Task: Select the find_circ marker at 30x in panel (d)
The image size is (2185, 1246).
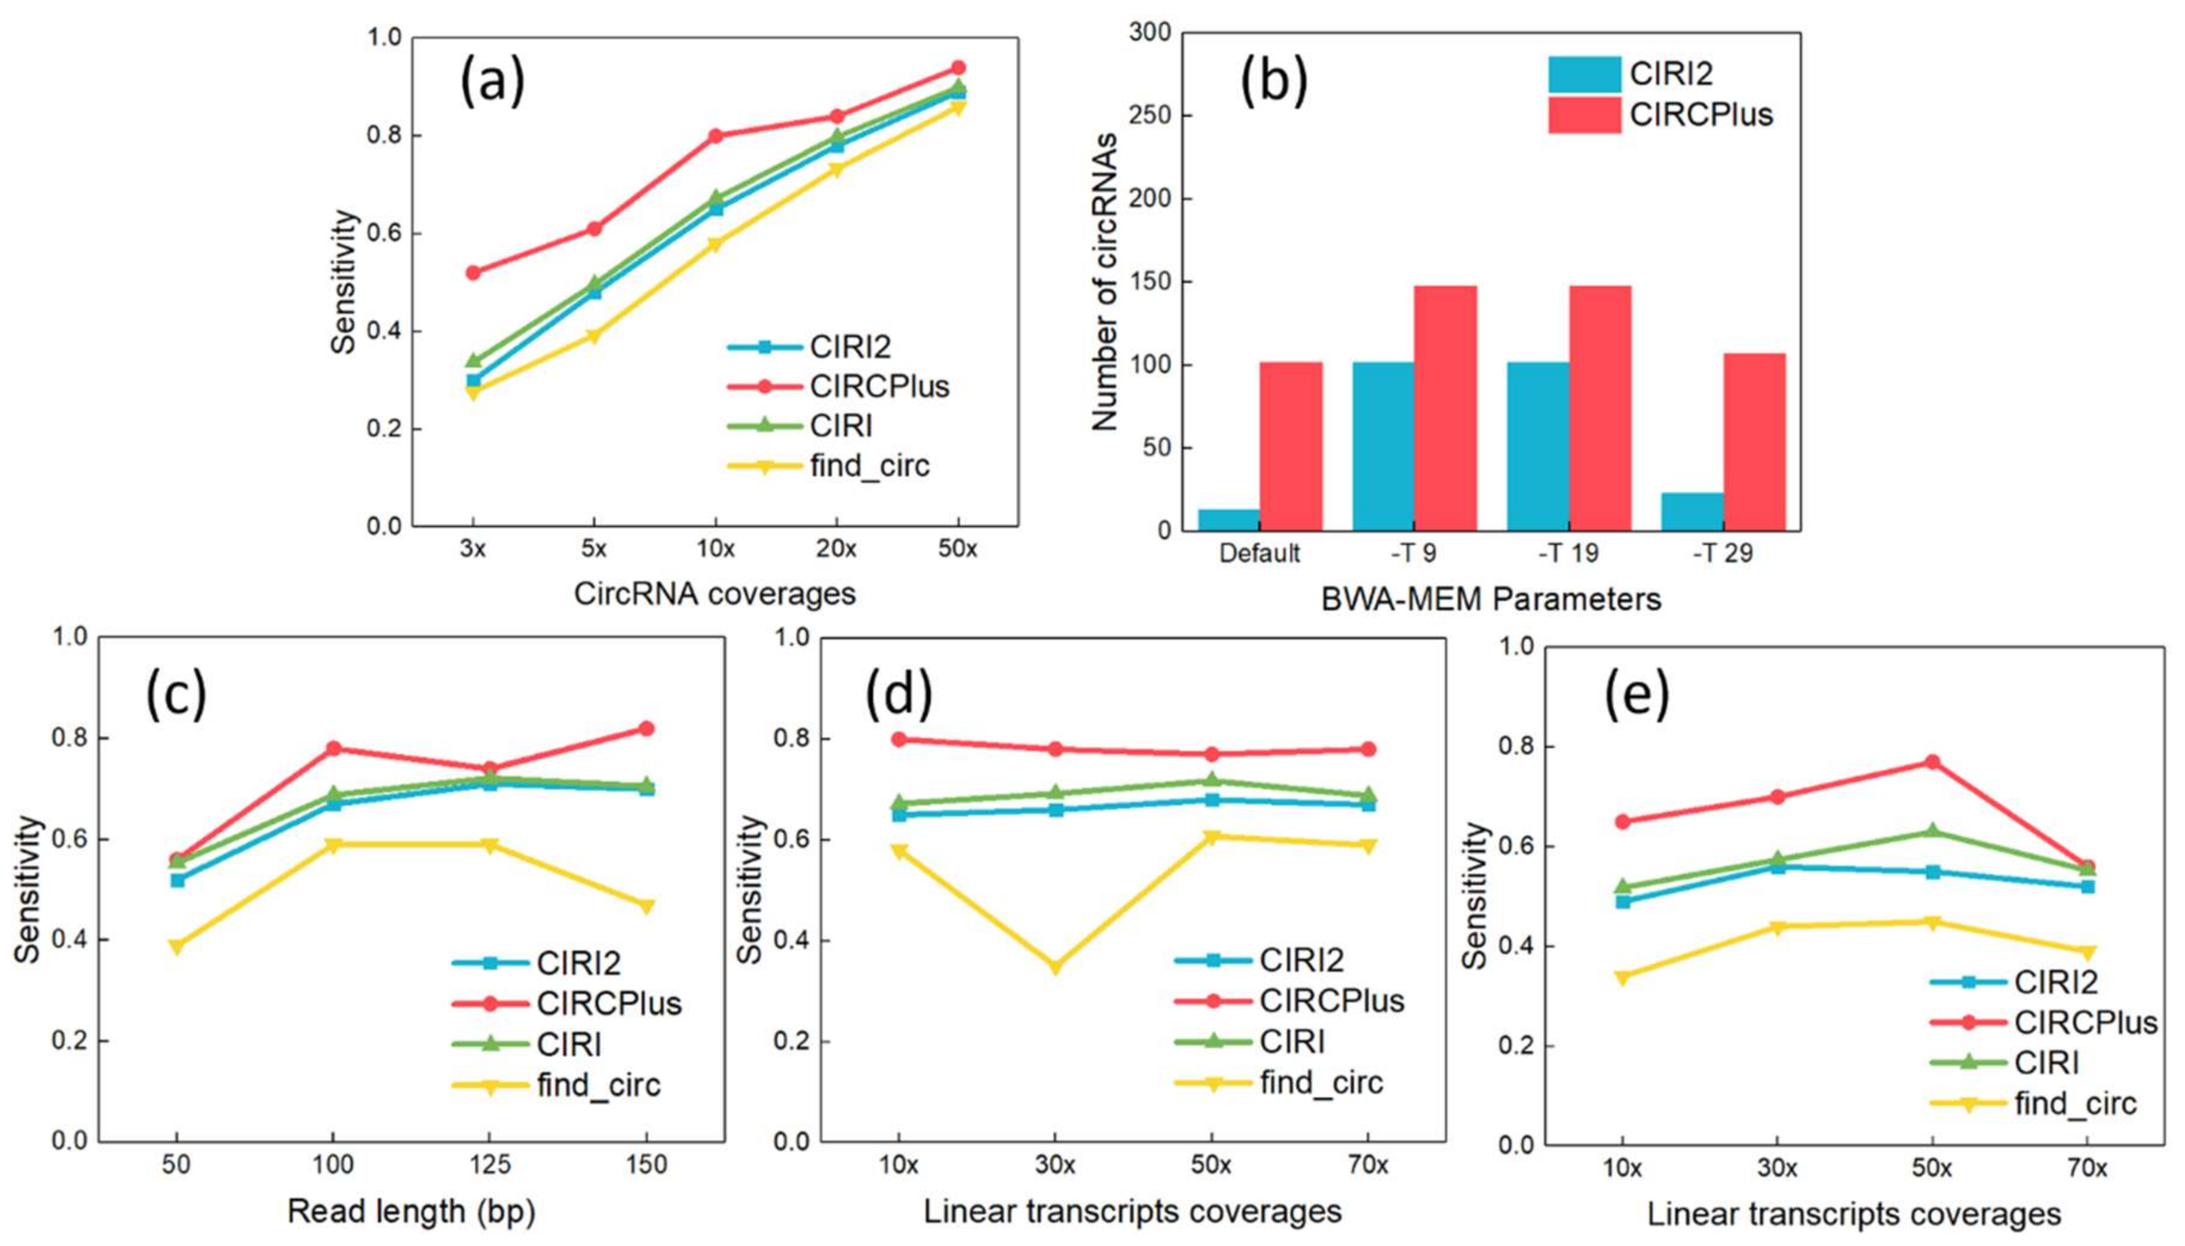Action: pyautogui.click(x=1055, y=967)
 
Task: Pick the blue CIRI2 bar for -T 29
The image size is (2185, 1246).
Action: pyautogui.click(x=1691, y=511)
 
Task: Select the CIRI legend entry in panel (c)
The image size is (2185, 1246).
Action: pyautogui.click(x=568, y=1045)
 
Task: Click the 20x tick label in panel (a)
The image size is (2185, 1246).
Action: pyautogui.click(x=836, y=549)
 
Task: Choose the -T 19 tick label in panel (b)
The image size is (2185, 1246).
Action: pyautogui.click(x=1568, y=554)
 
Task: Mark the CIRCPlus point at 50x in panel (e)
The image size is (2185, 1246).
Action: pyautogui.click(x=1932, y=761)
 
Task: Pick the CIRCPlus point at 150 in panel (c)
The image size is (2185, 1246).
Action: pyautogui.click(x=646, y=728)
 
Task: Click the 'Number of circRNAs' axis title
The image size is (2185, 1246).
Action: pyautogui.click(x=1105, y=281)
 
